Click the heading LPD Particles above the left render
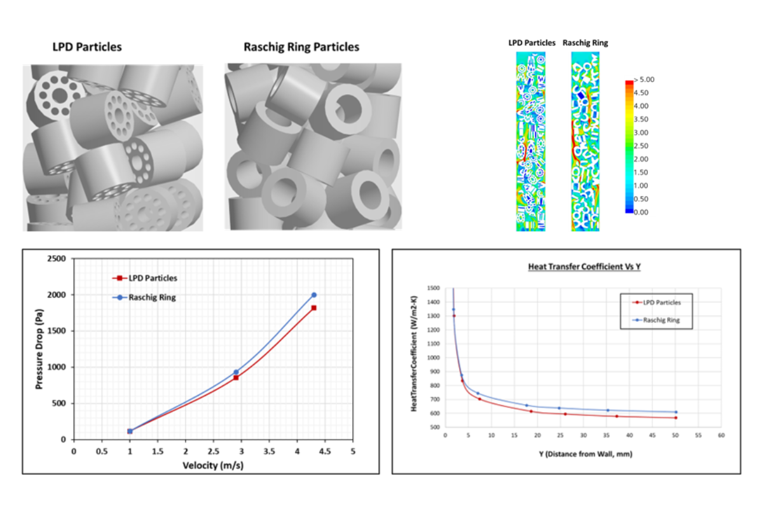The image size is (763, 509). tap(87, 47)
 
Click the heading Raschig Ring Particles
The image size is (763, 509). tap(301, 47)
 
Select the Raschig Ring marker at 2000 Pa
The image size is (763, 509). tap(313, 295)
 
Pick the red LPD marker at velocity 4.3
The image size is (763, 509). tap(313, 308)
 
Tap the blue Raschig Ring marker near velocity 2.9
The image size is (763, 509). tap(236, 372)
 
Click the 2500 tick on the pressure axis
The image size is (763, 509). tap(57, 259)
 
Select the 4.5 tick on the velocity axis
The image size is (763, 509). tap(325, 451)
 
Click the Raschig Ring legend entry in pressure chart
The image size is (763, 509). tap(149, 297)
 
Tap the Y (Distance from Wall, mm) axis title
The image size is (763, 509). tap(582, 454)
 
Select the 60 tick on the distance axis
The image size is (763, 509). tap(721, 436)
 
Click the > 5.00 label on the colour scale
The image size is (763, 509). tap(643, 80)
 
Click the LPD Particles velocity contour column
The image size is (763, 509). tap(532, 141)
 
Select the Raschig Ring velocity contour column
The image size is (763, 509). tap(585, 141)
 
